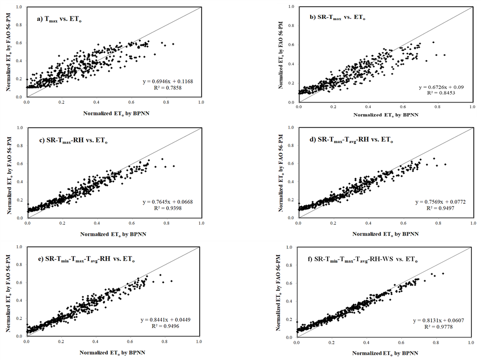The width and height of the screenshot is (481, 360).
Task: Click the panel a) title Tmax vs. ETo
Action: (x=59, y=20)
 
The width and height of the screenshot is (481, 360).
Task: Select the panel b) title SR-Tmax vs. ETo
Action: (x=337, y=17)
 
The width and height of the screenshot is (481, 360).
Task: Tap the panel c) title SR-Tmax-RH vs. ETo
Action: (x=73, y=140)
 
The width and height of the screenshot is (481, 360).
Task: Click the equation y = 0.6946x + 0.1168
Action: (x=168, y=82)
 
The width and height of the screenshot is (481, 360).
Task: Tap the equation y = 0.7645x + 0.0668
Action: (x=168, y=202)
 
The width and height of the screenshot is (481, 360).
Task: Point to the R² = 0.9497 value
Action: (x=440, y=208)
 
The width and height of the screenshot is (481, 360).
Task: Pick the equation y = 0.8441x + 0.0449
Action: (x=165, y=320)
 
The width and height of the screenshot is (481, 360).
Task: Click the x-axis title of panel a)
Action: (x=116, y=113)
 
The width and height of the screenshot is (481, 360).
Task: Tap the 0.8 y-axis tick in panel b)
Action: (x=291, y=26)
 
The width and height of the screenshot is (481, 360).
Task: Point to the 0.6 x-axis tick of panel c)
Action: (x=132, y=223)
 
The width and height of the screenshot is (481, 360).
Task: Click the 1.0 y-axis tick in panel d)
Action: (x=291, y=127)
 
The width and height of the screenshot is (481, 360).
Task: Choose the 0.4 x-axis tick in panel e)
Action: (x=96, y=341)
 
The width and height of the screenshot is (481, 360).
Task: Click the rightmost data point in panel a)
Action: (x=173, y=44)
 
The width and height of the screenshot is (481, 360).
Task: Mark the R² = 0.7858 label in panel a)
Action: (x=168, y=88)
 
